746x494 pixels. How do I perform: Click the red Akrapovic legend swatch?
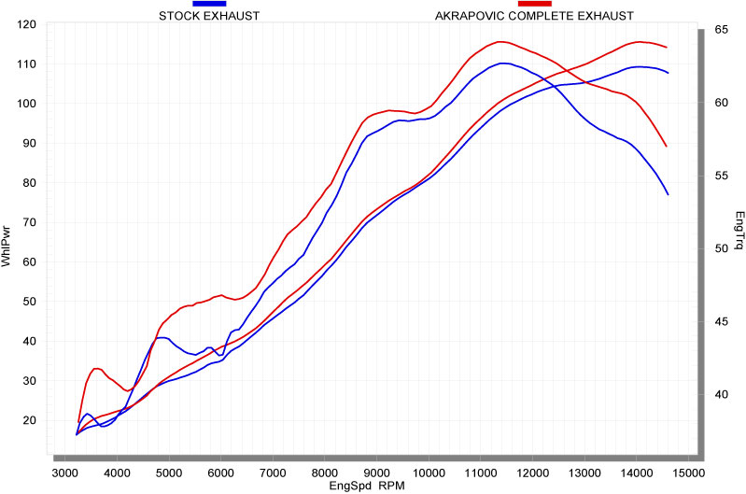(534, 4)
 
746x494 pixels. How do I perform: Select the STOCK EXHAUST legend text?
(208, 16)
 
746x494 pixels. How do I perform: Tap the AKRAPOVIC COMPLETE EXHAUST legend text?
(534, 16)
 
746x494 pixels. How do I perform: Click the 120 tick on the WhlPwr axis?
(26, 24)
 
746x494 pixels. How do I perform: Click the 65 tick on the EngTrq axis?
(720, 30)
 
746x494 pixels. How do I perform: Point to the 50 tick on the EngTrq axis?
(720, 248)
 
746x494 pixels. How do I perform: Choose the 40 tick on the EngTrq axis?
(720, 394)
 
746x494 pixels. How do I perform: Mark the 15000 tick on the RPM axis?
(688, 473)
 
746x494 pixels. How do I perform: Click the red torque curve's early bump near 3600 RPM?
(96, 368)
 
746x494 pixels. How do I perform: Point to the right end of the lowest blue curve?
(669, 194)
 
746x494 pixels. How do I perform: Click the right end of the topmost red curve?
(667, 47)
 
